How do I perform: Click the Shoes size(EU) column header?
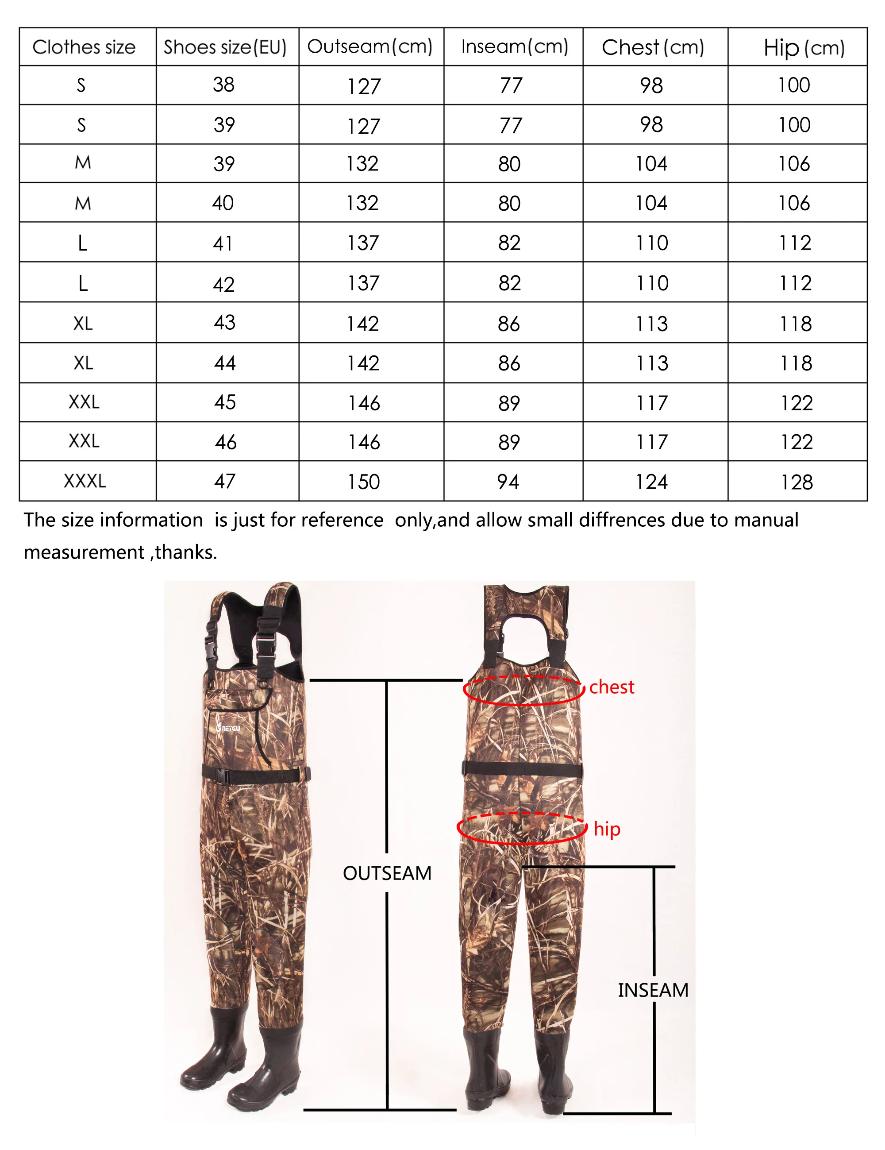[x=225, y=47]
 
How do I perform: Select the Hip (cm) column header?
[x=804, y=47]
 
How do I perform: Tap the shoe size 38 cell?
[x=224, y=85]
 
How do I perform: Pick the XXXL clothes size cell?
[x=85, y=481]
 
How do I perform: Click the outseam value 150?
[x=363, y=482]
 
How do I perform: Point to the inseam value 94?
[x=508, y=482]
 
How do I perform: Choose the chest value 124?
[x=651, y=482]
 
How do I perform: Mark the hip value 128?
[x=796, y=482]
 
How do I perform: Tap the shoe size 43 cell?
[x=224, y=322]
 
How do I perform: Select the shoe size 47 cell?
[x=225, y=481]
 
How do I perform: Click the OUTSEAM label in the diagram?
[x=387, y=873]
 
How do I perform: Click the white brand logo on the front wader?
[x=228, y=728]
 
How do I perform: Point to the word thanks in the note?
[x=185, y=552]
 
